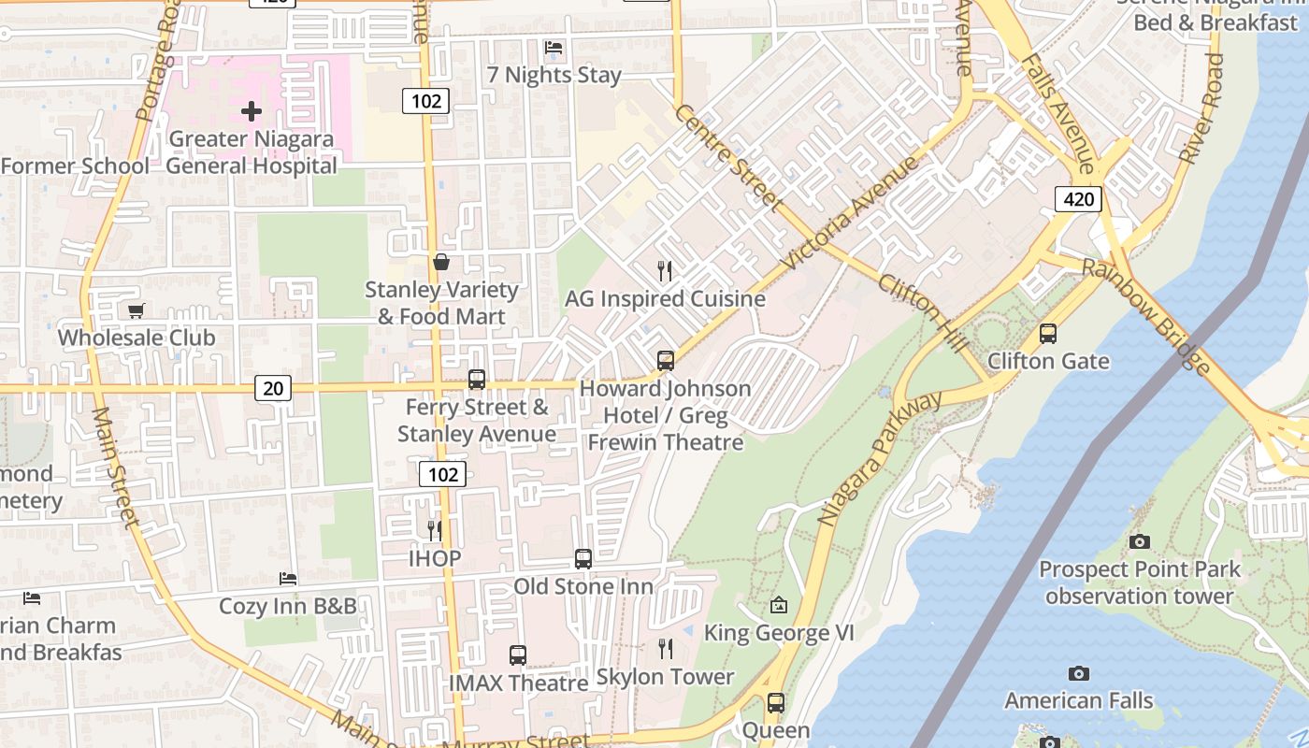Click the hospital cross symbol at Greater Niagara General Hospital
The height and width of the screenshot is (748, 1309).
tap(251, 112)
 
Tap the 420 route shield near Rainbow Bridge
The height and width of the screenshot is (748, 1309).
tap(1078, 198)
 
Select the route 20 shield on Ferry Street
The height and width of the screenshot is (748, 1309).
tap(273, 387)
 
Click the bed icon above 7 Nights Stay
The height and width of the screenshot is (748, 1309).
tap(554, 47)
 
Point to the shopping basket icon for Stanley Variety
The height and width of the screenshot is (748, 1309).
tap(441, 262)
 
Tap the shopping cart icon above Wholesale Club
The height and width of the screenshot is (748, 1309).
tap(137, 310)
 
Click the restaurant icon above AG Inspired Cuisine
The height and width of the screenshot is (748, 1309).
tap(665, 271)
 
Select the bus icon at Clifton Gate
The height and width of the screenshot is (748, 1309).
tap(1048, 334)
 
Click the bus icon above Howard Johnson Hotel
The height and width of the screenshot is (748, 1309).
tap(665, 360)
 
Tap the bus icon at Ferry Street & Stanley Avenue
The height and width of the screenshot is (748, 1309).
tap(477, 380)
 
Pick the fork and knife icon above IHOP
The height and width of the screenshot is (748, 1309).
tap(435, 531)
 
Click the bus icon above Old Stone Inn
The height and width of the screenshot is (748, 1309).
tap(583, 559)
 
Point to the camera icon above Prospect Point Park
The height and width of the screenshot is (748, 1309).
tap(1139, 541)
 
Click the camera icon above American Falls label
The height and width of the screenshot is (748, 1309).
tap(1078, 673)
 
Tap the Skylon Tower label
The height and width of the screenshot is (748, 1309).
tap(665, 676)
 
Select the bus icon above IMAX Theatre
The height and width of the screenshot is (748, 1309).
tap(518, 655)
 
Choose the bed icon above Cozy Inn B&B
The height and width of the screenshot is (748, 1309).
tap(288, 579)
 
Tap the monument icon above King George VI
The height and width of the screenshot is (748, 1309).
tap(779, 606)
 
